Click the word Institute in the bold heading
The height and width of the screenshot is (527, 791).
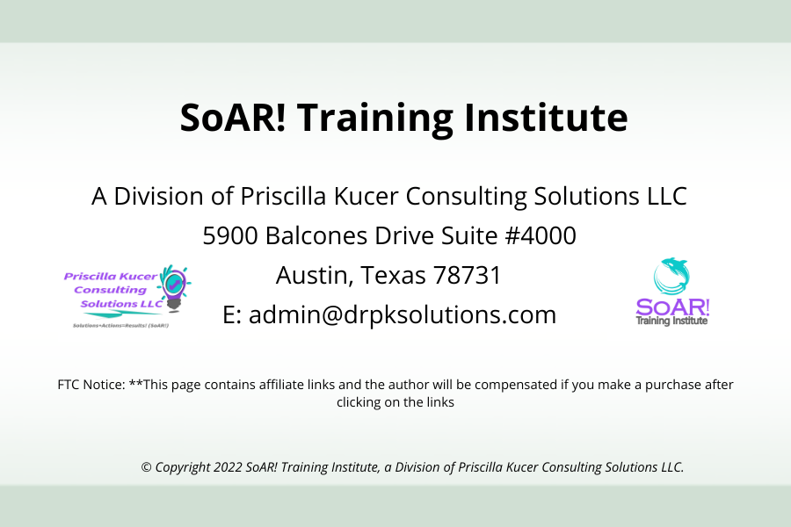[x=546, y=117]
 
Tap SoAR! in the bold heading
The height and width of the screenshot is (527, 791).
[x=233, y=117]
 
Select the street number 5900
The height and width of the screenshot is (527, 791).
[x=230, y=235]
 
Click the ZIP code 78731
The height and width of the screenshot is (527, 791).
[x=467, y=275]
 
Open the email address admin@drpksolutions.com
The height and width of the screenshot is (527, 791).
[x=403, y=314]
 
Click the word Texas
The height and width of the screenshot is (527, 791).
[x=394, y=275]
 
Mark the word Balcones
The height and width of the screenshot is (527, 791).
[x=316, y=235]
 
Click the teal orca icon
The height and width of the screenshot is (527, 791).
[x=671, y=277]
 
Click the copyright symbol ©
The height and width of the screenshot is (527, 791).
[x=146, y=467]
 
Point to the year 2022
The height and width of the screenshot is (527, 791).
[x=228, y=467]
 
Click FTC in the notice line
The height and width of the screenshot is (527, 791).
[x=69, y=385]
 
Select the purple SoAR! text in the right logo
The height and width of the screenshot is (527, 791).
[x=672, y=307]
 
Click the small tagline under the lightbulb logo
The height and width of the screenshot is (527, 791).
[x=121, y=326]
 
